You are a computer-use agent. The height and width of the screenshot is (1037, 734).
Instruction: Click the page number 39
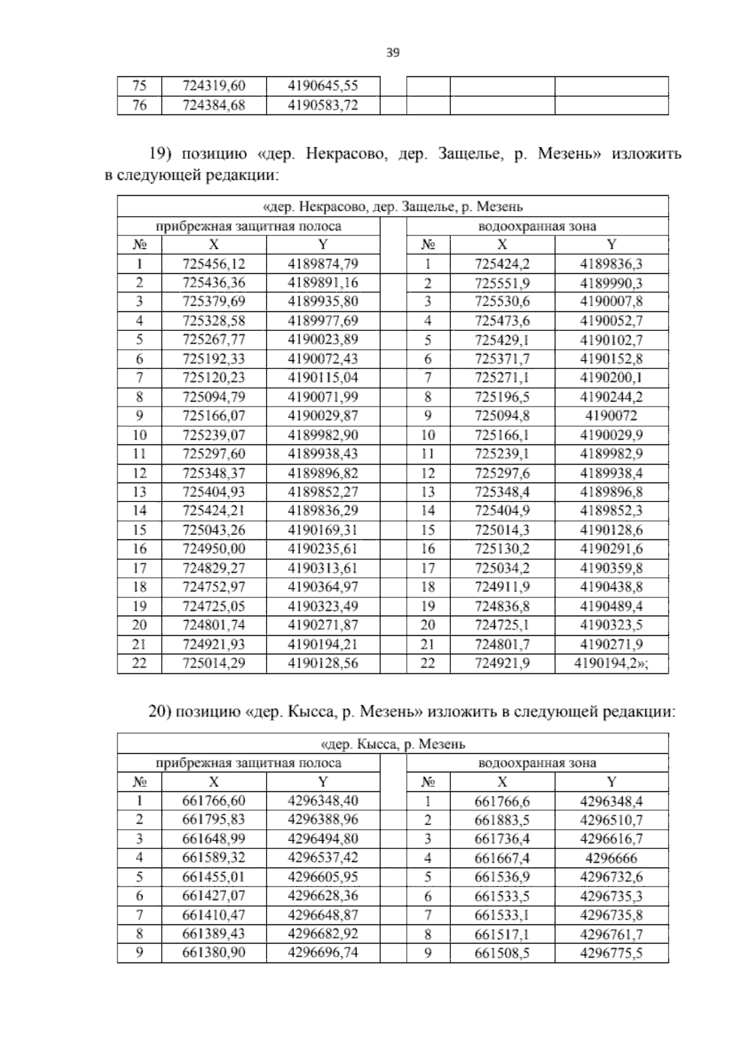pos(393,53)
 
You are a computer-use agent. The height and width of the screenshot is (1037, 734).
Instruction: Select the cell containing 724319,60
pos(213,86)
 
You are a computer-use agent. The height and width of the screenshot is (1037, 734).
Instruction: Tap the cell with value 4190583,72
pos(322,106)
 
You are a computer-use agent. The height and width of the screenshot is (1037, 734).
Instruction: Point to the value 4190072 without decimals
pos(611,416)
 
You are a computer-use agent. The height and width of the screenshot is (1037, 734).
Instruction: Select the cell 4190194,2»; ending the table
pos(611,664)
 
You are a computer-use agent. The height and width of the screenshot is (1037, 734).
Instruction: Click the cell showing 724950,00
pos(213,549)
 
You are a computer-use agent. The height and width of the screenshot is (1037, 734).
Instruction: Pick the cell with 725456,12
pos(213,264)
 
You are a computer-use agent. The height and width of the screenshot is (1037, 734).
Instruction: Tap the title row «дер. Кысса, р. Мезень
pos(393,744)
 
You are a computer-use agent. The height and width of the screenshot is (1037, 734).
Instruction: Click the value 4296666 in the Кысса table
pos(611,858)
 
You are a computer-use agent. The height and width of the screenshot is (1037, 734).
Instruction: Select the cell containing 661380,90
pos(213,953)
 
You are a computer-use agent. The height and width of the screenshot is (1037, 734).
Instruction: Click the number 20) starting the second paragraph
pos(161,712)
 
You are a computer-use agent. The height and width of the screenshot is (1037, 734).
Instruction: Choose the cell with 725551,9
pos(502,283)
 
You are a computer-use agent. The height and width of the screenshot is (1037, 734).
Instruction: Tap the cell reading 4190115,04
pos(322,378)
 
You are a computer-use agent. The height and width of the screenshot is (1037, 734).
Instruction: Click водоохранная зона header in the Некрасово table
pos(537,227)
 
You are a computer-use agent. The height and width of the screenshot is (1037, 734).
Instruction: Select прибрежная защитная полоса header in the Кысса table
pos(248,763)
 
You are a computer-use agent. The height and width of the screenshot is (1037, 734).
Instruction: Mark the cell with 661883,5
pos(502,821)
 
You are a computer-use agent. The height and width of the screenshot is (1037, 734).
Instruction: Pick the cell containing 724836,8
pos(502,607)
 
